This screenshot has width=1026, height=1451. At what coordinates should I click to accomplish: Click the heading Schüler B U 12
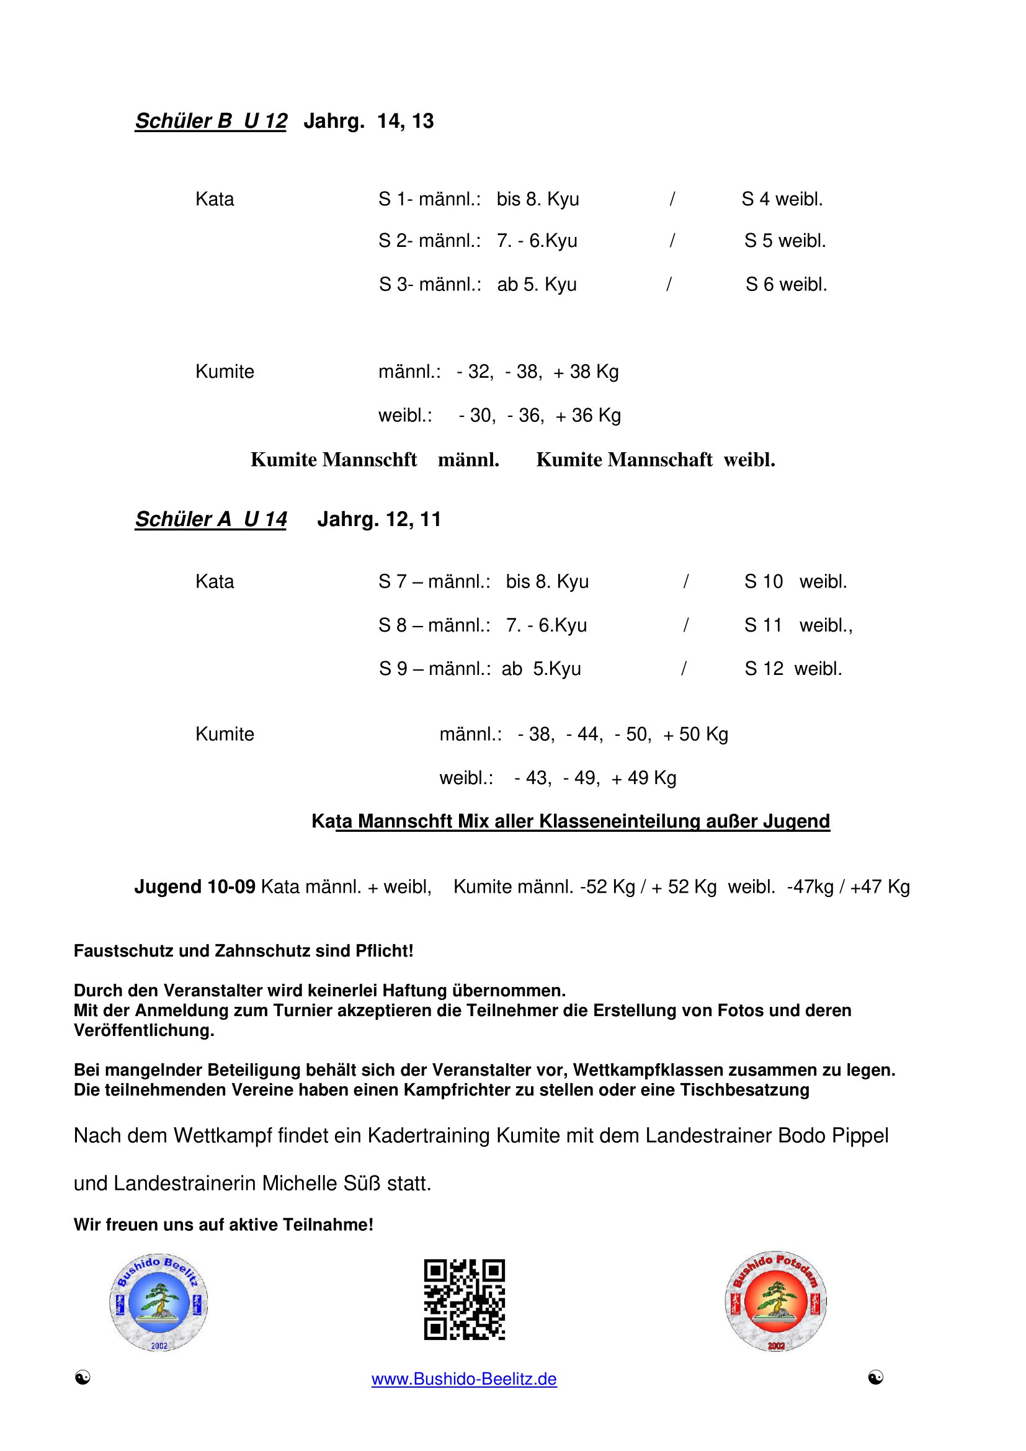(211, 121)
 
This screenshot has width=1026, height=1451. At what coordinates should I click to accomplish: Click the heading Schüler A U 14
(211, 519)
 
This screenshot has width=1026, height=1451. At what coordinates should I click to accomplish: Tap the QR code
(465, 1300)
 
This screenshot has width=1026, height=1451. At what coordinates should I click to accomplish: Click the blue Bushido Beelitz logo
(159, 1302)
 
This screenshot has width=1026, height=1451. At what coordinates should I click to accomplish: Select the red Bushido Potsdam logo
(776, 1301)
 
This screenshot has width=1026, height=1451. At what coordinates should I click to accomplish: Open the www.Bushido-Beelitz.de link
(465, 1379)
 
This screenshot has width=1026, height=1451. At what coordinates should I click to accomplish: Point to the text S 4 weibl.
(782, 199)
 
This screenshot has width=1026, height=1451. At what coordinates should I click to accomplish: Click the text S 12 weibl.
(793, 669)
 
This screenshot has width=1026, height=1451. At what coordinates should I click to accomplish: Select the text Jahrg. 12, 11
(379, 519)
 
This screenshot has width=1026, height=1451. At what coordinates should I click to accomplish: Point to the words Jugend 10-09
(195, 886)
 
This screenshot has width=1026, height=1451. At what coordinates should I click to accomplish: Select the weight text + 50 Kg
(695, 734)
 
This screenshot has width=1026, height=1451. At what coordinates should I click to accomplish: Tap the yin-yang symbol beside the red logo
(876, 1378)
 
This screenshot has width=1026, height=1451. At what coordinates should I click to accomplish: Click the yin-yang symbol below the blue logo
(83, 1378)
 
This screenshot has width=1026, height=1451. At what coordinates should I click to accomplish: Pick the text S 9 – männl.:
(435, 669)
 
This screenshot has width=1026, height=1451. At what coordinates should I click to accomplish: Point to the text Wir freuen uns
(130, 1225)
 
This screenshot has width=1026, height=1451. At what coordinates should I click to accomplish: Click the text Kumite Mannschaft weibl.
(655, 460)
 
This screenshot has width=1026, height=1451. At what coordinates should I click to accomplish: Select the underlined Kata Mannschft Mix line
(571, 821)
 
